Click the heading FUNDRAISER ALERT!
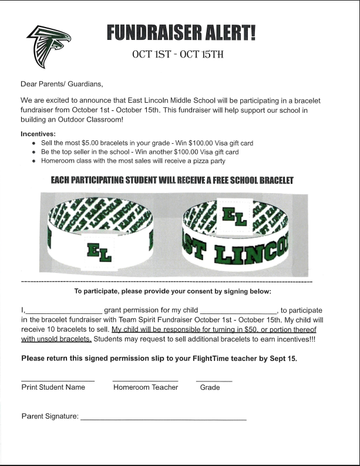click(181, 33)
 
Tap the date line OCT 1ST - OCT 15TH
click(179, 55)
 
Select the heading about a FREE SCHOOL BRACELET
click(172, 180)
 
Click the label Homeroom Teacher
click(145, 387)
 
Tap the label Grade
click(210, 387)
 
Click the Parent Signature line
click(163, 418)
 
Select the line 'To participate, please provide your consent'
click(173, 291)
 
